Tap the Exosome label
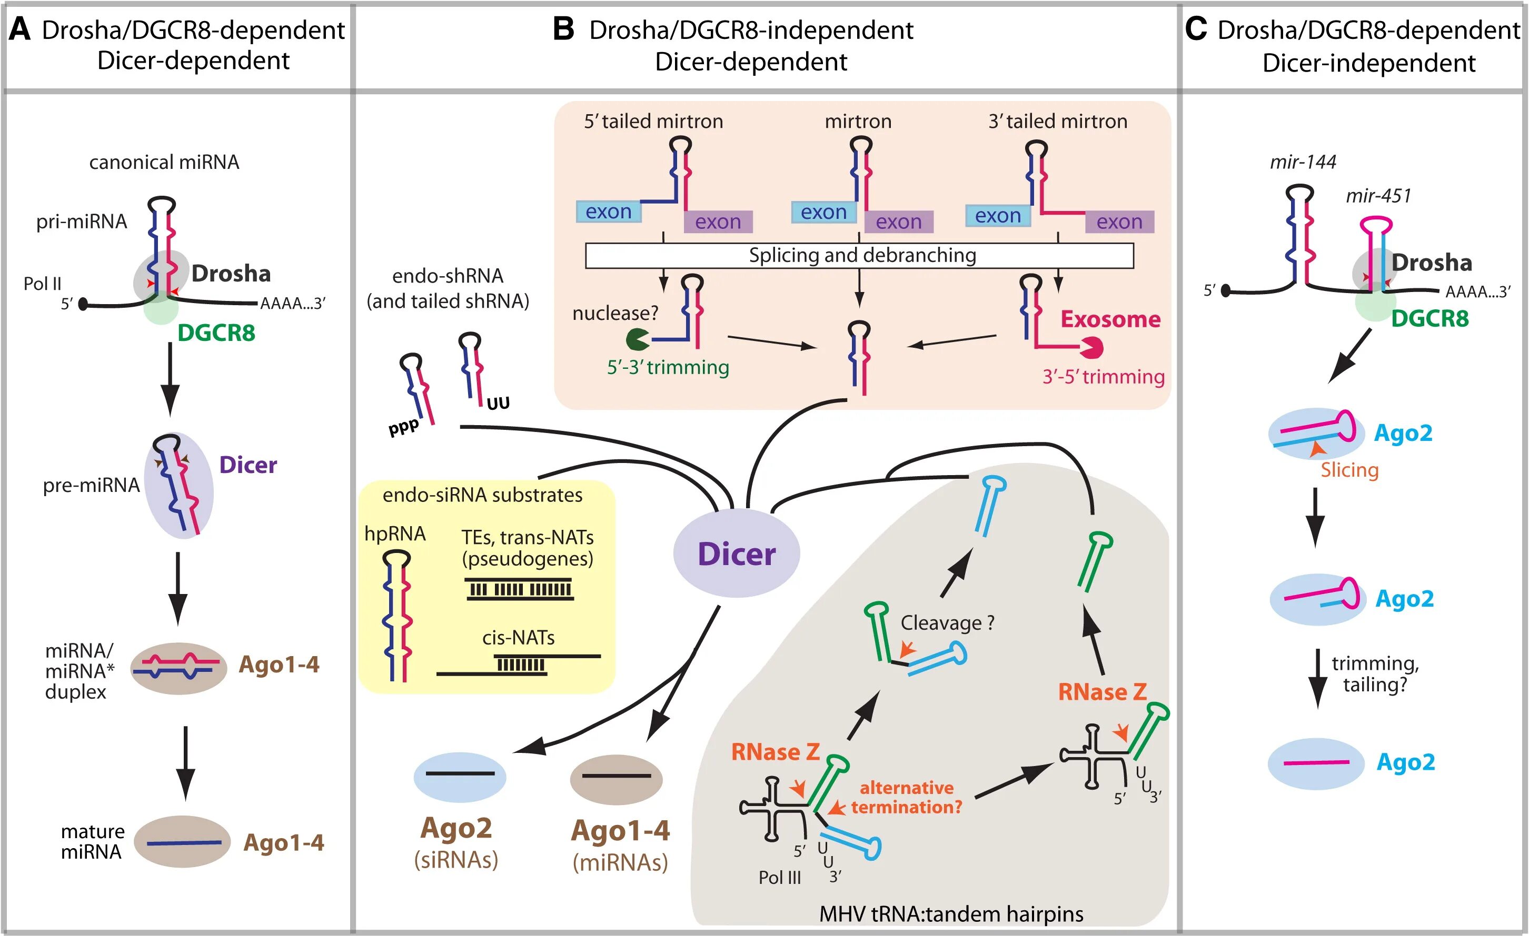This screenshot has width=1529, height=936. pyautogui.click(x=1110, y=319)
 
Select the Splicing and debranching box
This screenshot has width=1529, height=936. pyautogui.click(x=859, y=256)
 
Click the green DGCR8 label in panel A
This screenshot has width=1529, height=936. pyautogui.click(x=216, y=333)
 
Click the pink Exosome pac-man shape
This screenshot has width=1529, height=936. pyautogui.click(x=1091, y=347)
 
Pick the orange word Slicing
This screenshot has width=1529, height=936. pyautogui.click(x=1349, y=470)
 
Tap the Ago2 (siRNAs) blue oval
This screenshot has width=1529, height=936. pyautogui.click(x=460, y=777)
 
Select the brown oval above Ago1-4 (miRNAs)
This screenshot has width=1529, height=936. pyautogui.click(x=616, y=779)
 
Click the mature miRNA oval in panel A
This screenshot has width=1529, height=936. pyautogui.click(x=182, y=841)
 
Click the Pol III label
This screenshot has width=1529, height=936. pyautogui.click(x=779, y=878)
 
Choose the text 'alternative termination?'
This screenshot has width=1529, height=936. pyautogui.click(x=906, y=798)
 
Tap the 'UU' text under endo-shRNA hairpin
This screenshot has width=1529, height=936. pyautogui.click(x=498, y=404)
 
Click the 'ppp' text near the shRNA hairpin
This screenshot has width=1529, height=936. pyautogui.click(x=404, y=427)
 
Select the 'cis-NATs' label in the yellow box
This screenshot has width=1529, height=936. pyautogui.click(x=518, y=638)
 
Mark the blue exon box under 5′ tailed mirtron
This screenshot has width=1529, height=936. pyautogui.click(x=608, y=212)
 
